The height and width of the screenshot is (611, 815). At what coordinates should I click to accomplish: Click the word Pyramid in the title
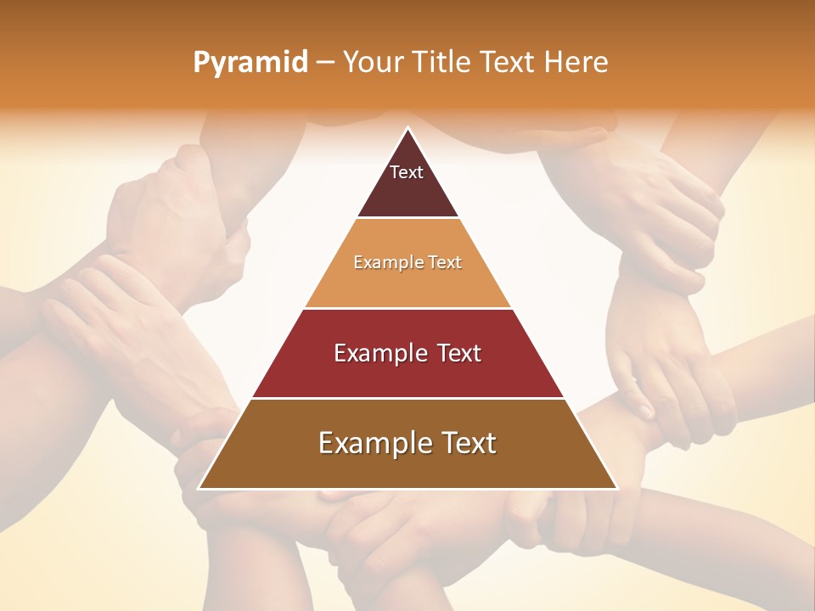250,63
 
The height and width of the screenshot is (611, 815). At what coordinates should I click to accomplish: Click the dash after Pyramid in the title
324,63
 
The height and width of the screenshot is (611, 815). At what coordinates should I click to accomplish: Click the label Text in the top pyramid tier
407,172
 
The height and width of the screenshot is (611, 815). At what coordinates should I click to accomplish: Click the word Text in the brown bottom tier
468,443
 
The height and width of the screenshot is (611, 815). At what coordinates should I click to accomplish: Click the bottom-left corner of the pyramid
200,488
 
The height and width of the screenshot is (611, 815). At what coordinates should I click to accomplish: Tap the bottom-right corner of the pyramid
616,488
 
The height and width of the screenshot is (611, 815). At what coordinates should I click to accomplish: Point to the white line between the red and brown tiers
407,398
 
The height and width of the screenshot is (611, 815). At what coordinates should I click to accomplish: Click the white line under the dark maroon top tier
407,218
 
